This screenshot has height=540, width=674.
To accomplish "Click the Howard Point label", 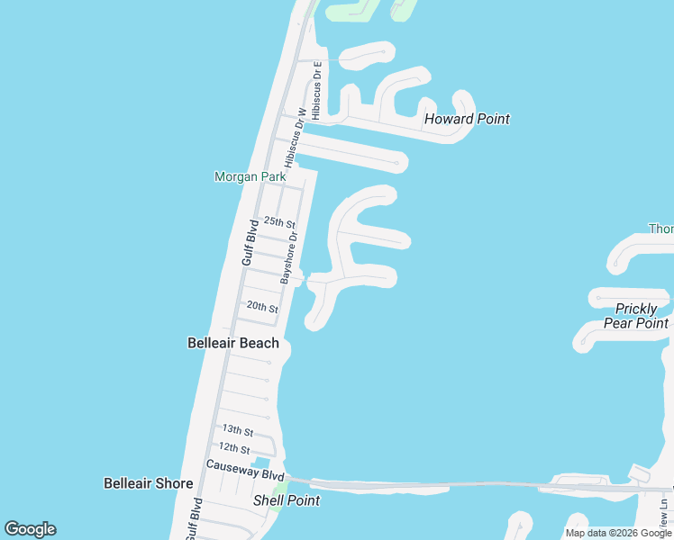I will pyautogui.click(x=467, y=119).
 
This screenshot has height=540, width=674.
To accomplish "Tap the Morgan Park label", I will pyautogui.click(x=250, y=177).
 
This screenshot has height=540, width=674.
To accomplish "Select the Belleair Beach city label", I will pyautogui.click(x=232, y=343).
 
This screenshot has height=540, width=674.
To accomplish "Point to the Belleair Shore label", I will pyautogui.click(x=148, y=483).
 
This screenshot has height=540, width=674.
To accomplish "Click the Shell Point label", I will pyautogui.click(x=287, y=500).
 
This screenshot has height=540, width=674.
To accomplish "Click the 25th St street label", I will pyautogui.click(x=279, y=222).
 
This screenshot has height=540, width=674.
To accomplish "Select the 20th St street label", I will pyautogui.click(x=262, y=308).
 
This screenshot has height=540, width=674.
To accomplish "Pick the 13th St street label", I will pyautogui.click(x=237, y=431).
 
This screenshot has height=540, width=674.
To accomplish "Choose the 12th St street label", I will pyautogui.click(x=233, y=447).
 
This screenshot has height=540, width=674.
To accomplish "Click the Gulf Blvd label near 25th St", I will pyautogui.click(x=250, y=241).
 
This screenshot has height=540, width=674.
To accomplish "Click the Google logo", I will pyautogui.click(x=30, y=529).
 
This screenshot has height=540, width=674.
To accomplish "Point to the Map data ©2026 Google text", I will pyautogui.click(x=618, y=533).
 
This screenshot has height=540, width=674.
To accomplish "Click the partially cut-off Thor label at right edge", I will pyautogui.click(x=661, y=229).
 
